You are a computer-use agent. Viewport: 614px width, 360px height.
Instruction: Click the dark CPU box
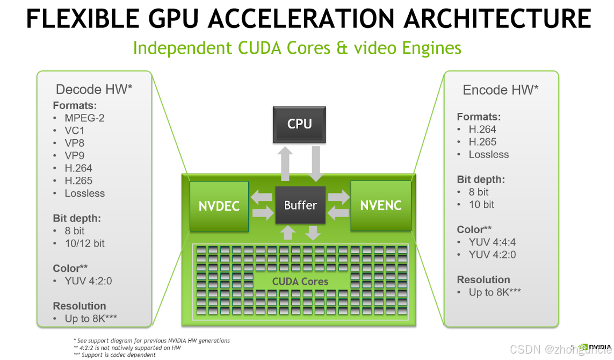point(299,124)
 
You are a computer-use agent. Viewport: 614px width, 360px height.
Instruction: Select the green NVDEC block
point(219,206)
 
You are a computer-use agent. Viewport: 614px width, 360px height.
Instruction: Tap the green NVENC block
point(381,205)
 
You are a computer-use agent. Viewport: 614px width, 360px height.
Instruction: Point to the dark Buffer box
point(300,205)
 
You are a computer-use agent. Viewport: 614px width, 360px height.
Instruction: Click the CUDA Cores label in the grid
point(300,281)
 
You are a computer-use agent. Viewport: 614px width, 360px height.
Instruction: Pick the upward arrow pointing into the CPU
point(286,163)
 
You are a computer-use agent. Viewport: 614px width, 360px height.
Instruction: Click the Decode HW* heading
point(94,89)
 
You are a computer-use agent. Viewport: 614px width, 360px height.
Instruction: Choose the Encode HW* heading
point(501,90)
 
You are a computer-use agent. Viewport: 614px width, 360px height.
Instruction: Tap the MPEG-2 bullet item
point(84,118)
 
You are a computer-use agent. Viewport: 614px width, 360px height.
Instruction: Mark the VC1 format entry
point(75,131)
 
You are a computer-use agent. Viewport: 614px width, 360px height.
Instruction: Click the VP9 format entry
point(75,156)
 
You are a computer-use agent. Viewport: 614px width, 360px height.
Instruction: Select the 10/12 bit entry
point(84,243)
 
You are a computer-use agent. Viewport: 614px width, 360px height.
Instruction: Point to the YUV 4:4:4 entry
point(492,242)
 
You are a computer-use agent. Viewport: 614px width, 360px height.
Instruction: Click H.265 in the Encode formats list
point(482,142)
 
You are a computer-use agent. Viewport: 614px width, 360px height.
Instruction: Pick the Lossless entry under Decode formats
point(84,193)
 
